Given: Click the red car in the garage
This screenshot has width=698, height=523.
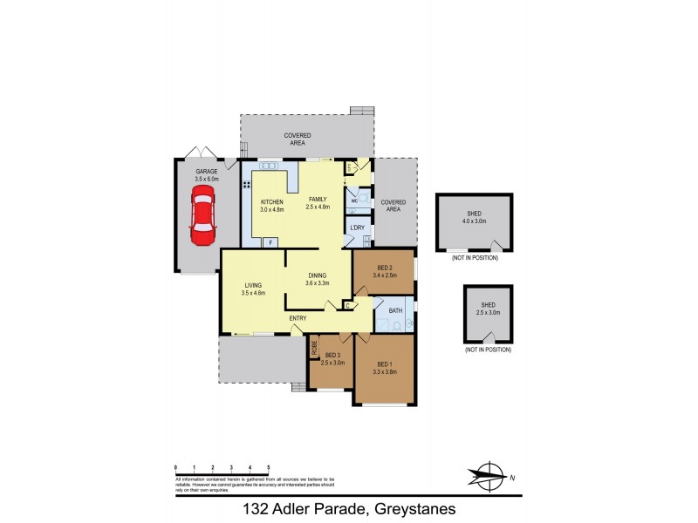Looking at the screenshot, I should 202,220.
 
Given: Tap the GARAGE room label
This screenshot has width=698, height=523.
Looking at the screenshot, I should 206,172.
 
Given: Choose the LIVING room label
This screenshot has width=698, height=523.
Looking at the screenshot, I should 253,286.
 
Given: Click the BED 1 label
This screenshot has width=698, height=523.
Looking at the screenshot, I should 386,363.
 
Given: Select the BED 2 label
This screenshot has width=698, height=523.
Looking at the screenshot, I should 386,268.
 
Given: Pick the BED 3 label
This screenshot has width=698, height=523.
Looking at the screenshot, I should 332,355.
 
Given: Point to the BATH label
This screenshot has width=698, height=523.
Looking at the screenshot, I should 395,310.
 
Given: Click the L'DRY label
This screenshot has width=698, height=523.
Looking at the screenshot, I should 357,228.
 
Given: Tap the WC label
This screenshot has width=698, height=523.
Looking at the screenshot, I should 354,200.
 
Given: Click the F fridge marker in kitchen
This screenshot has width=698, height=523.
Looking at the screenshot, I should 271,241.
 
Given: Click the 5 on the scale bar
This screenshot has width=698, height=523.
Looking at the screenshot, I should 268,468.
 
